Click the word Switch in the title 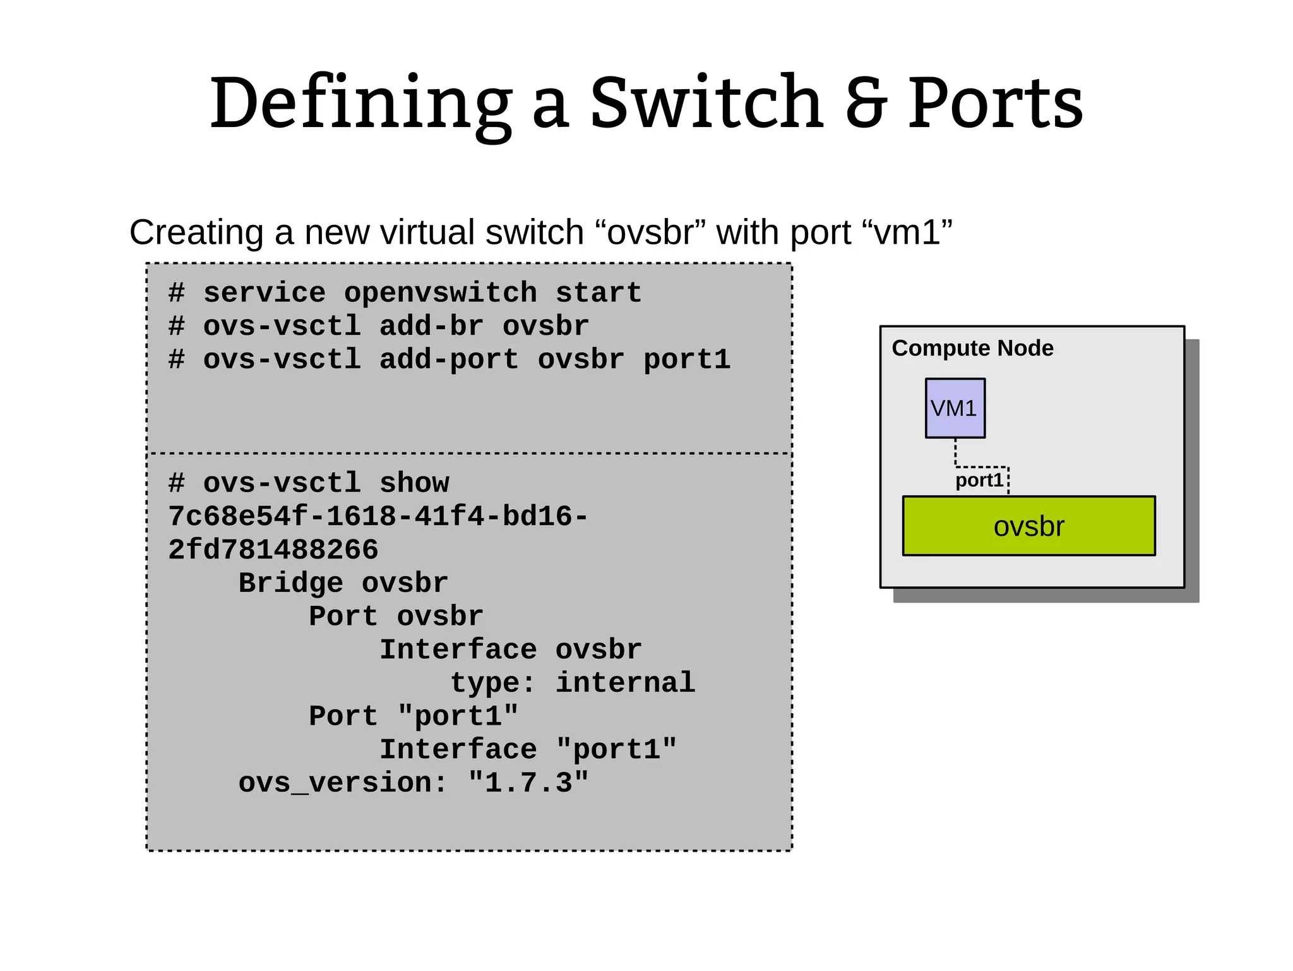tap(706, 103)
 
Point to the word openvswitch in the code tap(440, 293)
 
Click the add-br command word tap(431, 327)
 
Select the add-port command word tap(449, 360)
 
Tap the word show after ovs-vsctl tap(414, 484)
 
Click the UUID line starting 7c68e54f tap(378, 517)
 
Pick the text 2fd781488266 tap(273, 550)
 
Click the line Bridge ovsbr tap(343, 583)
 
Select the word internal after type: tap(625, 684)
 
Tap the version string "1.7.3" tap(528, 783)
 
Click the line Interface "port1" tap(528, 750)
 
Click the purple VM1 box tap(955, 409)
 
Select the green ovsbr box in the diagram tap(1028, 526)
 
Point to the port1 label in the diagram tap(979, 481)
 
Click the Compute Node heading tap(972, 348)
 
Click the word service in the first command tap(264, 293)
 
